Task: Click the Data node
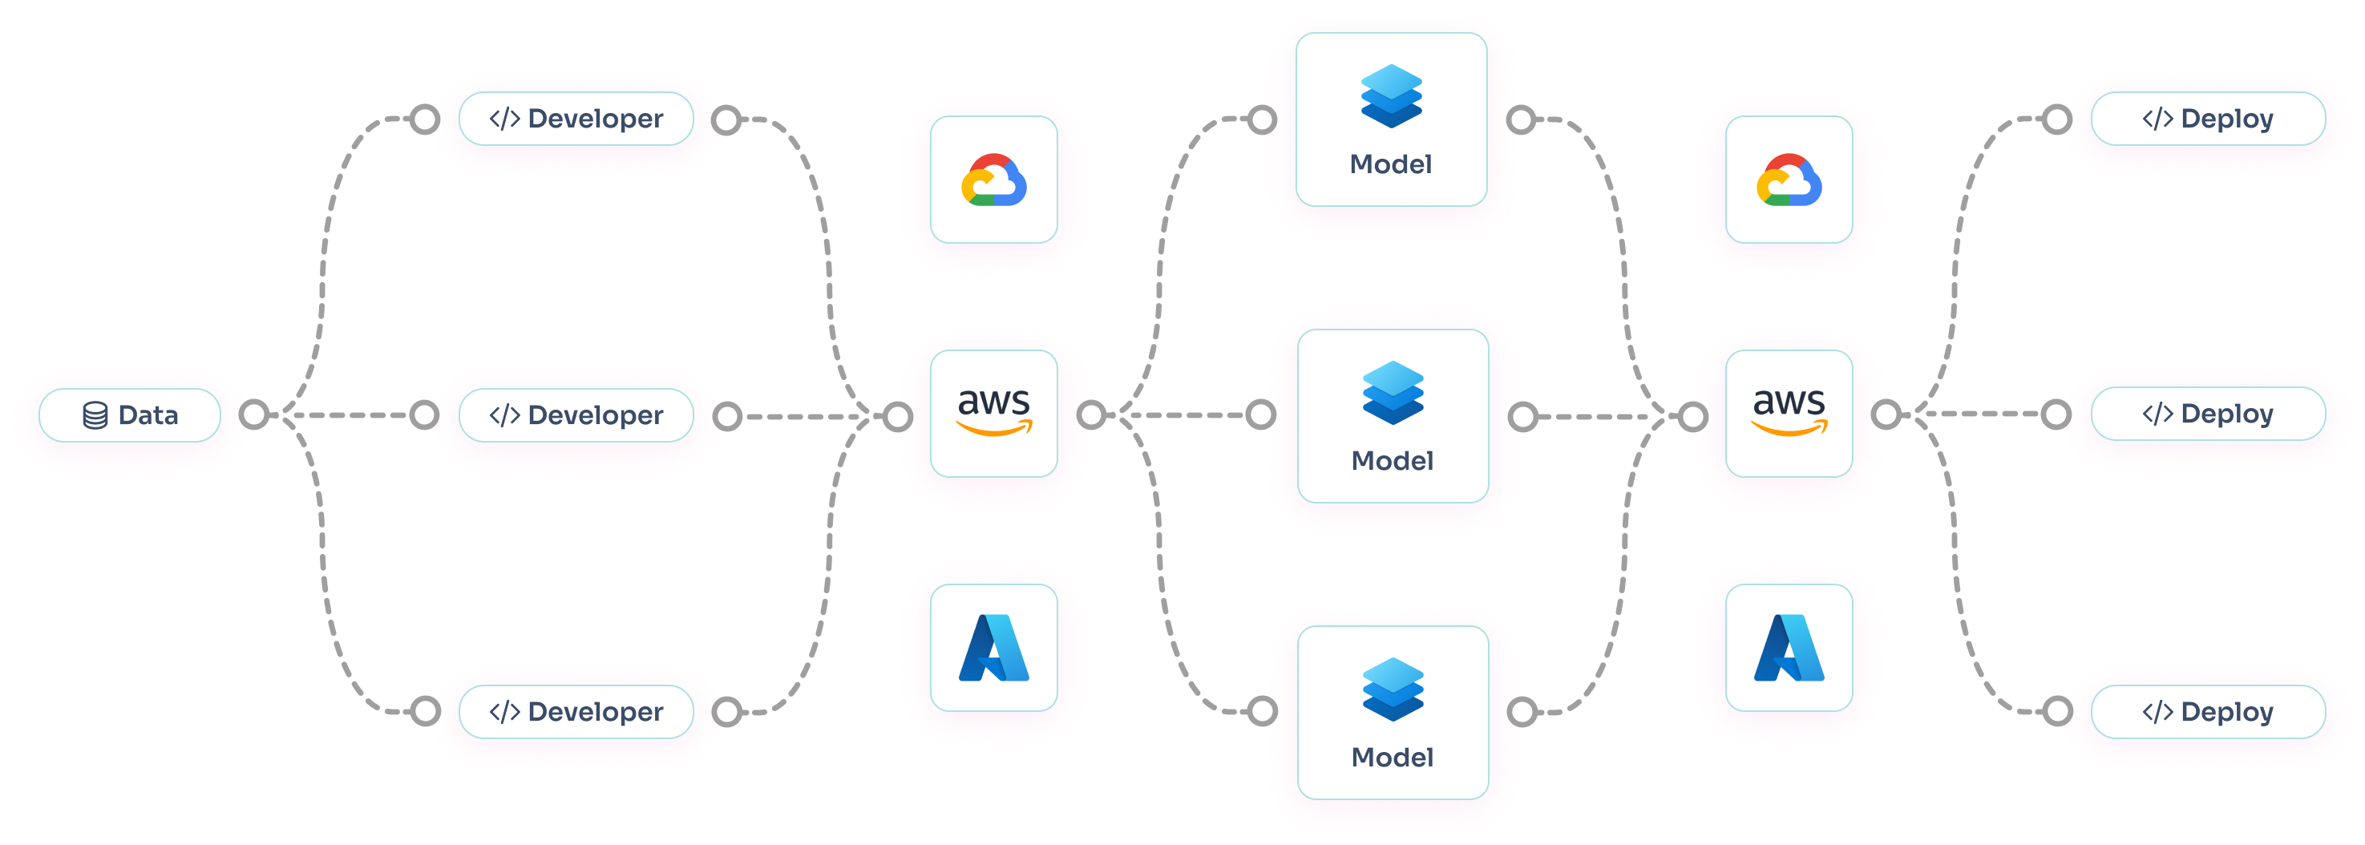click(129, 415)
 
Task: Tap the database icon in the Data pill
click(95, 416)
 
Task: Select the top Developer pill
click(576, 119)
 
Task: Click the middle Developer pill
click(576, 415)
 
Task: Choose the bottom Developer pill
click(576, 712)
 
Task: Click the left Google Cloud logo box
click(993, 180)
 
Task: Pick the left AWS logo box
click(993, 414)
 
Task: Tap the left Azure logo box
click(993, 648)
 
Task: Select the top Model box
click(1391, 119)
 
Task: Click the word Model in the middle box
click(1392, 461)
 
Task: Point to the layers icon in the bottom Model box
click(1393, 689)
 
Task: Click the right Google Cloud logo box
click(1789, 180)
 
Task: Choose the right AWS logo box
click(1789, 414)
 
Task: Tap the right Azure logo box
click(1789, 648)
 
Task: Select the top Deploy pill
click(2207, 119)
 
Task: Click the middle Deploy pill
click(2207, 414)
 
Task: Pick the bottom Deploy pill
click(2207, 712)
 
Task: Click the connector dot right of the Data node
click(253, 415)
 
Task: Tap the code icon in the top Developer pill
click(504, 119)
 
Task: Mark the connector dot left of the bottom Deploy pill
click(2056, 711)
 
